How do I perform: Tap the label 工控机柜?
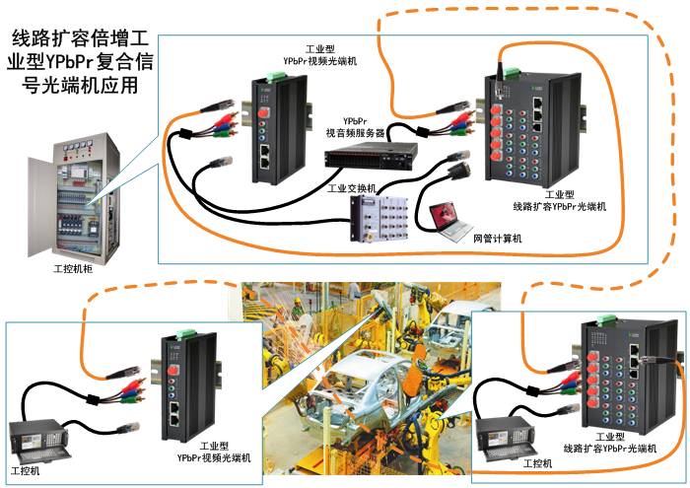(72, 267)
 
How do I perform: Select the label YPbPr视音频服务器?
(357, 125)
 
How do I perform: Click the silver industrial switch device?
(380, 218)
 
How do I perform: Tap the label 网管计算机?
(498, 238)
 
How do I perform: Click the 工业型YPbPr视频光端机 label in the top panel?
(319, 55)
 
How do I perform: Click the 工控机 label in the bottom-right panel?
(536, 462)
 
